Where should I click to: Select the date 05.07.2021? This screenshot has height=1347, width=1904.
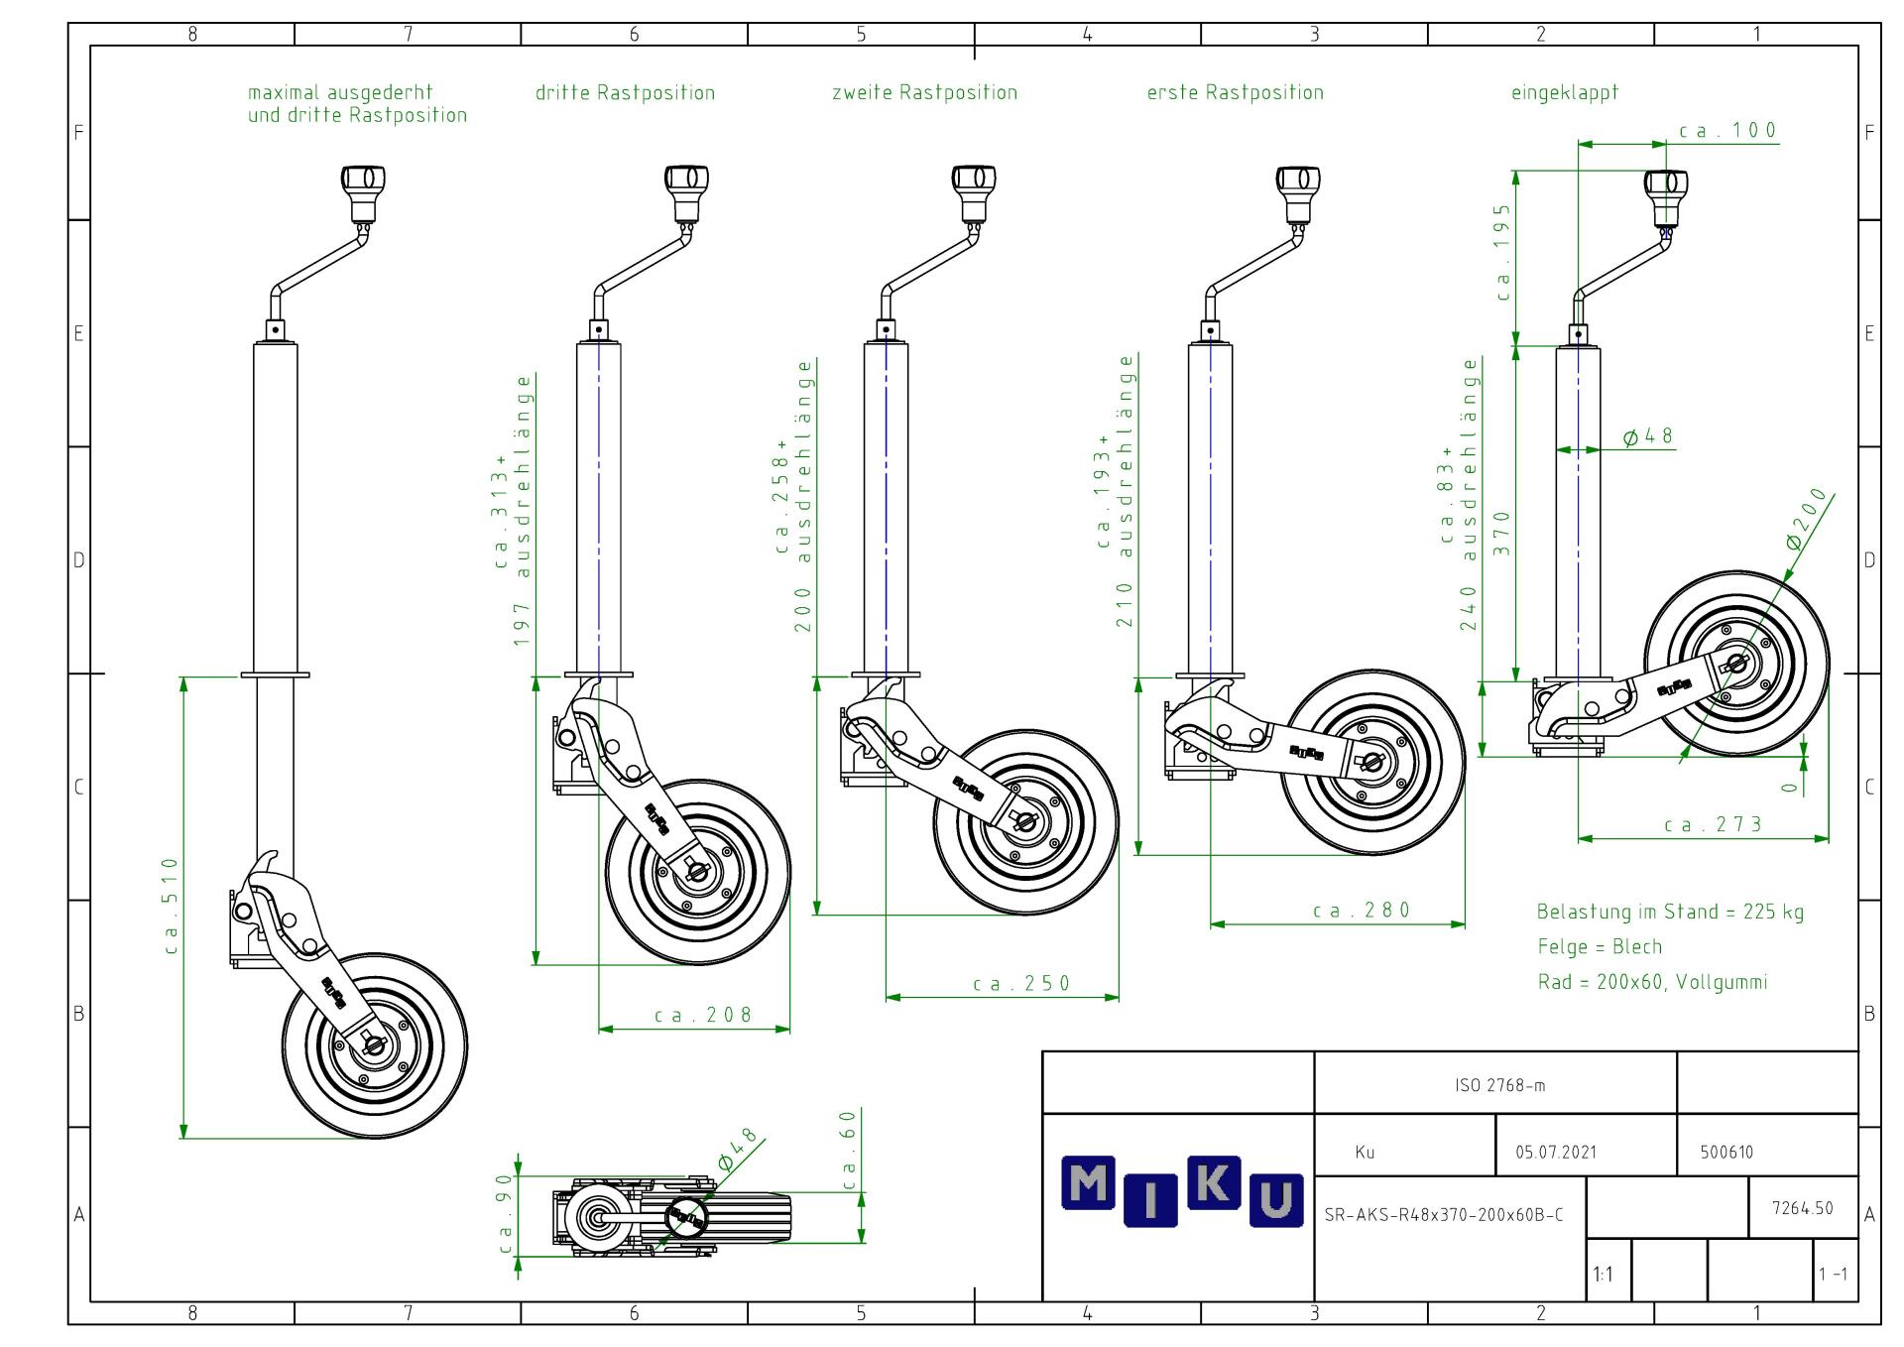tap(1556, 1153)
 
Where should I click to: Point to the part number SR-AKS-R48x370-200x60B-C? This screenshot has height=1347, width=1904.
tap(1444, 1215)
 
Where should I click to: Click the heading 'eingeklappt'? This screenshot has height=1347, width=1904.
tap(1564, 93)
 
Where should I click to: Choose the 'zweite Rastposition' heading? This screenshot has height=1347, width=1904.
tap(924, 93)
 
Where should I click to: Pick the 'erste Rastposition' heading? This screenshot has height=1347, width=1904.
tap(1235, 93)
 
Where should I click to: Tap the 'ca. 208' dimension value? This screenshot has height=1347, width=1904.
tap(703, 1016)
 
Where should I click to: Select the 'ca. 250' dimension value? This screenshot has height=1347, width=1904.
tap(1021, 984)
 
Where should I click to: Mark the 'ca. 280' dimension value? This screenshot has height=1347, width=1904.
tap(1361, 911)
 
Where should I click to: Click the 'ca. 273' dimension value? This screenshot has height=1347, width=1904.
tap(1714, 824)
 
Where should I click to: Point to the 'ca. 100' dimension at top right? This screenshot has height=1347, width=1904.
tap(1727, 131)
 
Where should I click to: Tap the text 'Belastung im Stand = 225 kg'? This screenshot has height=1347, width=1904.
tap(1670, 912)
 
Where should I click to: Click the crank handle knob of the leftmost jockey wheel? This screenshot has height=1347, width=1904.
tap(363, 182)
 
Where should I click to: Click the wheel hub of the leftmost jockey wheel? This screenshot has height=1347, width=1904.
tap(374, 1044)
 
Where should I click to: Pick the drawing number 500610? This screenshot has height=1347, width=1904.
tap(1727, 1153)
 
